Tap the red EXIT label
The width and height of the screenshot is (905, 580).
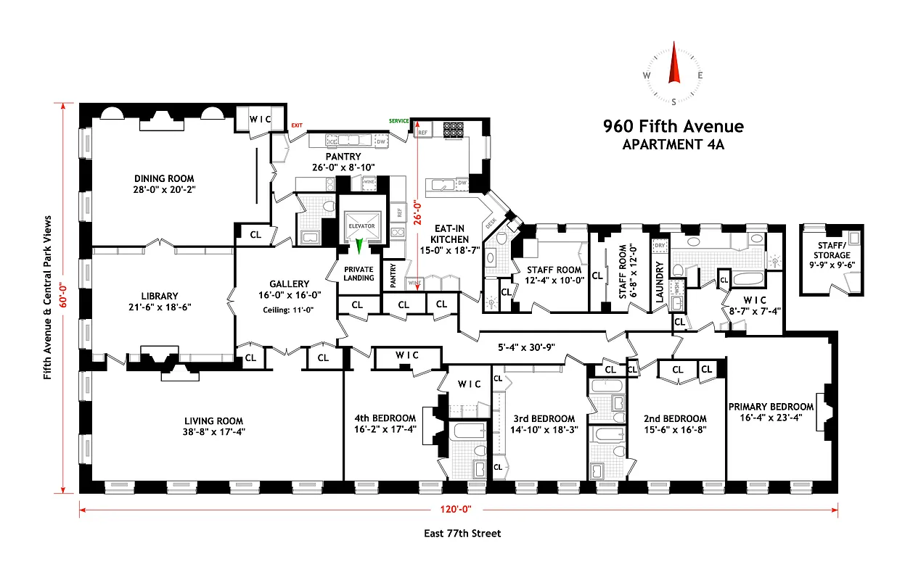point(296,125)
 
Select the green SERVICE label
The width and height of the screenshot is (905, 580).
point(399,120)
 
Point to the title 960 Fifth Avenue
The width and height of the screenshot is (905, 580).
point(673,127)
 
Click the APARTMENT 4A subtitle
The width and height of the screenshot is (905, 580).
point(673,144)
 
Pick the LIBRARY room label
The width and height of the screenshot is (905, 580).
point(159,296)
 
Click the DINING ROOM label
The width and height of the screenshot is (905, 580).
point(164,178)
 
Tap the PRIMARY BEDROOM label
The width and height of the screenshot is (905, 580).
point(771,407)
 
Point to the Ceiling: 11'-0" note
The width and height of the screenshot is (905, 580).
point(289,310)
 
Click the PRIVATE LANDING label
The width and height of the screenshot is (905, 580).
point(359,273)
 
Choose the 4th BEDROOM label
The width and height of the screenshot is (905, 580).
point(385,418)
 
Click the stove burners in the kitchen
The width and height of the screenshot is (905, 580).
point(454,128)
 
